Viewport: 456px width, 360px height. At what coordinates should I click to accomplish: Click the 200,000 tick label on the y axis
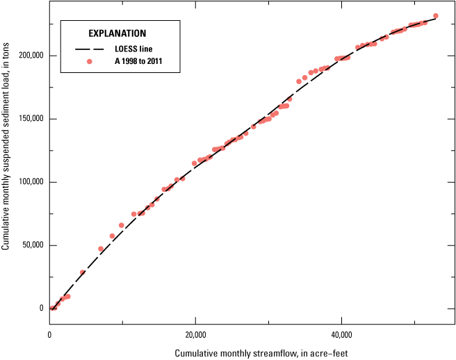[x=30, y=56]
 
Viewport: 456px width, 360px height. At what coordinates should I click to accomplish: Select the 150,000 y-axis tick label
[x=30, y=119]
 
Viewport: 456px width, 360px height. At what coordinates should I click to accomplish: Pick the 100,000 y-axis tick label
[x=30, y=182]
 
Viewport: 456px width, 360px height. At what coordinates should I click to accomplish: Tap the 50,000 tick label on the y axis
[x=32, y=245]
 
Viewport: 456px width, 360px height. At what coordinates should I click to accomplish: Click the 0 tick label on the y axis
[x=41, y=309]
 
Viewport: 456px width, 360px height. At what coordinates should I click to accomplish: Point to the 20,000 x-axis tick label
[x=195, y=335]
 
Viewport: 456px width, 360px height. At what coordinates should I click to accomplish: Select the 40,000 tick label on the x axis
[x=341, y=335]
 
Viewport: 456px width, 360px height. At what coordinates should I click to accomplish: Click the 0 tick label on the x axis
[x=50, y=335]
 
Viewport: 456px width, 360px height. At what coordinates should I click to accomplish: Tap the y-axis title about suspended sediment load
[x=6, y=163]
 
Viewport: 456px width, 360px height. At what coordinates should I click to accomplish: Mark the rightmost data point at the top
[x=435, y=15]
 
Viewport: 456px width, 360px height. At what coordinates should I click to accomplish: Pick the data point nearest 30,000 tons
[x=83, y=272]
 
